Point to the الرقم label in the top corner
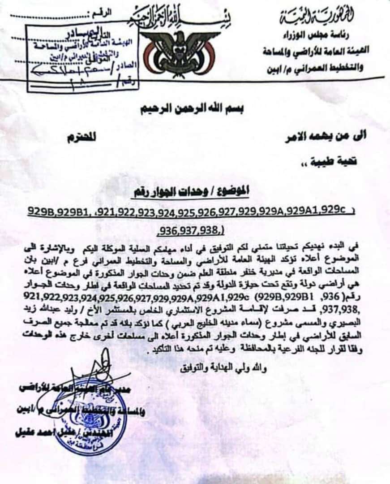tap(103, 15)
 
